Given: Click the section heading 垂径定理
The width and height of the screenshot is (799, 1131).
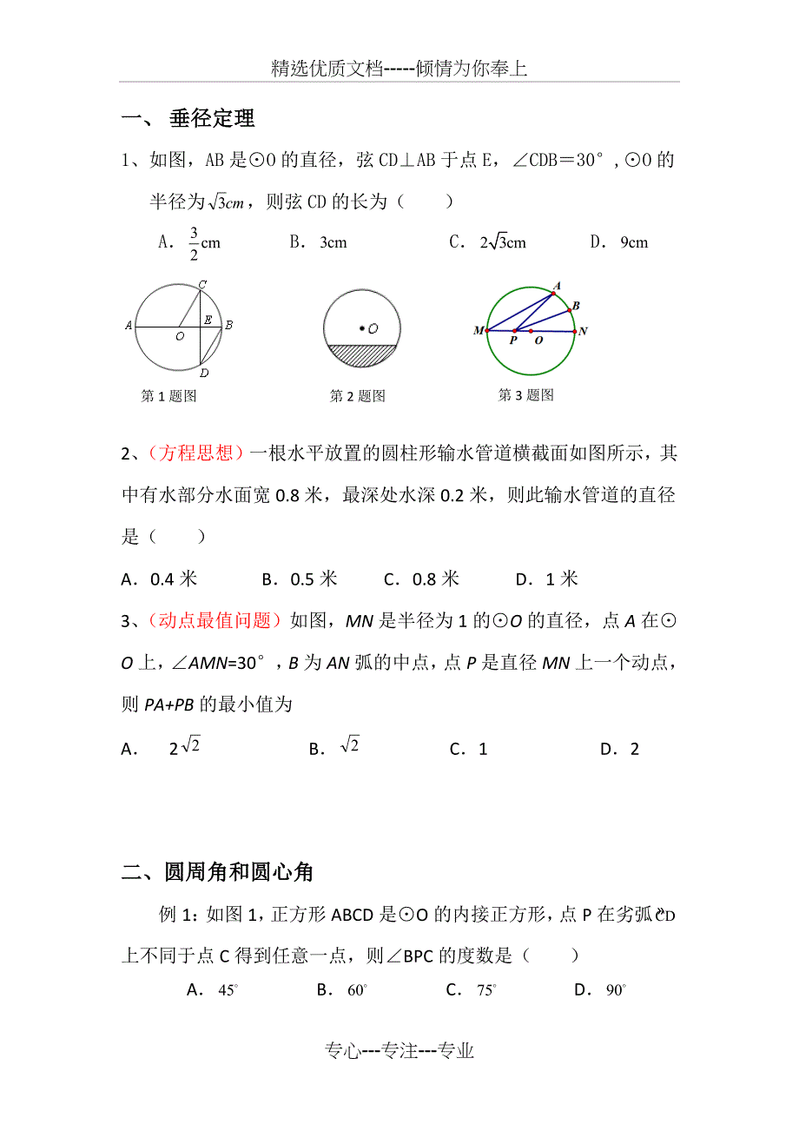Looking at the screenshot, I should (x=212, y=119).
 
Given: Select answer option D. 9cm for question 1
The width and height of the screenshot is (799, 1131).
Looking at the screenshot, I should (x=620, y=242).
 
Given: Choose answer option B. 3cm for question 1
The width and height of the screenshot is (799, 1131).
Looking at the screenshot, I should (x=319, y=242).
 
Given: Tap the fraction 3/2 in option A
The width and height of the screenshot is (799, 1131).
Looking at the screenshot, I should (x=194, y=243).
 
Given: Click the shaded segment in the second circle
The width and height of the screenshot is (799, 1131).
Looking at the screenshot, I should (x=361, y=354).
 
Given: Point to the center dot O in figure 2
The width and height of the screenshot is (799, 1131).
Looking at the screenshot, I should (x=361, y=328).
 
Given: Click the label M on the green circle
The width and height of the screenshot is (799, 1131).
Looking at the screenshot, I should (x=479, y=331).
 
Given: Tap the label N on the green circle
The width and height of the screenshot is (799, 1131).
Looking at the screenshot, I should (x=583, y=331).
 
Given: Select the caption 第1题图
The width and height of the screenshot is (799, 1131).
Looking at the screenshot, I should (x=168, y=396).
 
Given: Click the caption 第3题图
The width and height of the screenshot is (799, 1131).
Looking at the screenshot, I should (x=525, y=395).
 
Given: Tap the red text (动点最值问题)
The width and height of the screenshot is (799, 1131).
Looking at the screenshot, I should (x=215, y=620).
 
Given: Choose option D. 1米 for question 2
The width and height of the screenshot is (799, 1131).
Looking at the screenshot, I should (x=546, y=579).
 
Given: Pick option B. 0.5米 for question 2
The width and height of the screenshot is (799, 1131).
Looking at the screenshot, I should (x=299, y=579).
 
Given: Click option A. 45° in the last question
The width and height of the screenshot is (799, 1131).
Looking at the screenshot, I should (x=213, y=989).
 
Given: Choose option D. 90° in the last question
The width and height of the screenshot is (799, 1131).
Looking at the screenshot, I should (x=601, y=989).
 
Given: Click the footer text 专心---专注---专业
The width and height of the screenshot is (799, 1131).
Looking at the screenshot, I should (x=399, y=1051).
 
